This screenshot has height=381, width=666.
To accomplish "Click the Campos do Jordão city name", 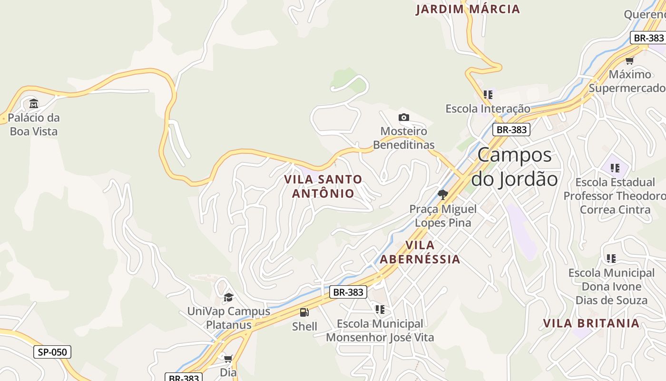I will coord(514,167).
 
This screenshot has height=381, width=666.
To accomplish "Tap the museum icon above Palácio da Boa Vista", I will coord(34,103).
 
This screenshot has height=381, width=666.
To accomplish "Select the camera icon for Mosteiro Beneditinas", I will coord(403,117).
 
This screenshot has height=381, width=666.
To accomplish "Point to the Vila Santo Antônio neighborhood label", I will coord(323,186).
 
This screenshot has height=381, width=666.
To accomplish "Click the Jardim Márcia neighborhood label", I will coord(468,9).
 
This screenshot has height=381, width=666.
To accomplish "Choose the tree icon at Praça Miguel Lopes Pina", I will coord(443,194).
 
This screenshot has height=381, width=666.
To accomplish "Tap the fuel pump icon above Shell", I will coord(304,312).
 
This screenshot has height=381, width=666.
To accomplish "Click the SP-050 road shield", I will coord(52,352).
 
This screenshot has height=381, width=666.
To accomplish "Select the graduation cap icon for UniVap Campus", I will coord(228,298).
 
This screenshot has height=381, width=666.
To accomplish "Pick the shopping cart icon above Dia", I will coord(228,359).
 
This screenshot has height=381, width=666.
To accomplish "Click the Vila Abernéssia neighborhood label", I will coord(420,252).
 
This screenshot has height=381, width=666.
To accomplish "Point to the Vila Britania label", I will coord(591,323).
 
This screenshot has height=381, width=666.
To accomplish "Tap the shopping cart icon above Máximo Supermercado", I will coord(630,60).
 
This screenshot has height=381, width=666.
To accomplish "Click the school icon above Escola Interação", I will coord(488,95).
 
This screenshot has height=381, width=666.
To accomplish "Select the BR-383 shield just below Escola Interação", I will coord(511,130).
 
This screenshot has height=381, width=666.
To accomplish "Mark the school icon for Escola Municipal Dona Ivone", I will coord(611,259).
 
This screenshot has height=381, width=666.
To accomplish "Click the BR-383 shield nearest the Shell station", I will coord(348,292).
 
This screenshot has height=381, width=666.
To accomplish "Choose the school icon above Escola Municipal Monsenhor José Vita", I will coord(380,310).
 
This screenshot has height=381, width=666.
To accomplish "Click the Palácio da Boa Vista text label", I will coord(34,124).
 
